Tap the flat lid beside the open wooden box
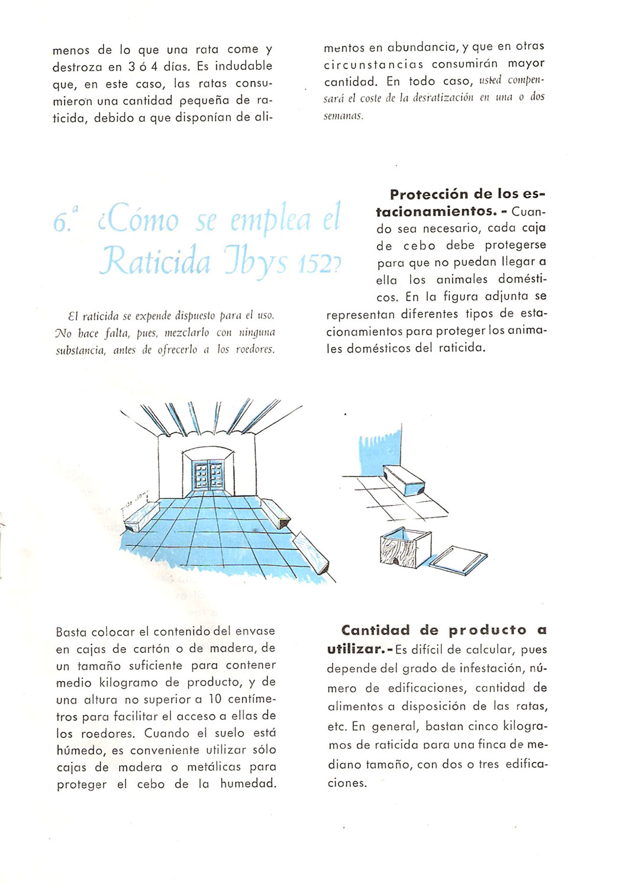coord(458,559)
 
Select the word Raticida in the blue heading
coord(156,261)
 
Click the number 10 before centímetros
coord(215,699)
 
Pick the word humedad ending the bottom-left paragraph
coord(247,784)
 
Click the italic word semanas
coord(343,116)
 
